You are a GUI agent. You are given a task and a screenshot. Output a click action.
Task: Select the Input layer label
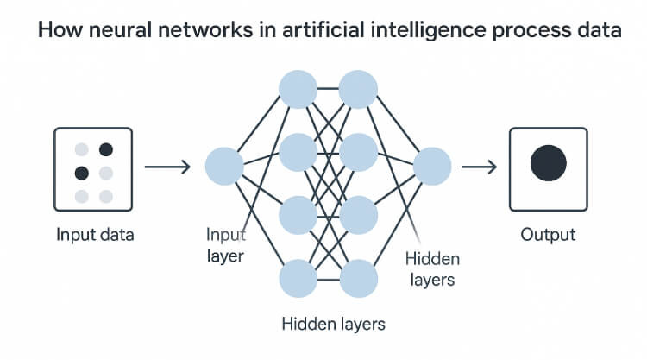[x=225, y=244]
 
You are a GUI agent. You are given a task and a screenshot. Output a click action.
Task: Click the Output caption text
[x=548, y=234]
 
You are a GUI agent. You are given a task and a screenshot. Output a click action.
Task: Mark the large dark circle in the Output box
[x=548, y=163]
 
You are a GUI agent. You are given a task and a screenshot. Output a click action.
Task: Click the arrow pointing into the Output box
[x=480, y=165]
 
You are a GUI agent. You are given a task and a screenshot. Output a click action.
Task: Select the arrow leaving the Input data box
[x=166, y=165]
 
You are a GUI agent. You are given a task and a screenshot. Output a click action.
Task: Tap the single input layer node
[x=224, y=165]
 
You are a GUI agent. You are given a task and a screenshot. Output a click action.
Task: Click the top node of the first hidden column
[x=298, y=90]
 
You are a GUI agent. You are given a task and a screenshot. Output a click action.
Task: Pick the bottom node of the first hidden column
[x=298, y=278]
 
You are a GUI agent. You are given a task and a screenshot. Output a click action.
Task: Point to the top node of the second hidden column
[x=358, y=90]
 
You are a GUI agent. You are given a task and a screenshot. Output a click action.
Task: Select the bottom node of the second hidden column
[x=358, y=278]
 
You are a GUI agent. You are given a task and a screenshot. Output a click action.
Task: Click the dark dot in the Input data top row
[x=106, y=149]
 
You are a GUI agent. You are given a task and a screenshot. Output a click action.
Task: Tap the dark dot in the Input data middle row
[x=82, y=172]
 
